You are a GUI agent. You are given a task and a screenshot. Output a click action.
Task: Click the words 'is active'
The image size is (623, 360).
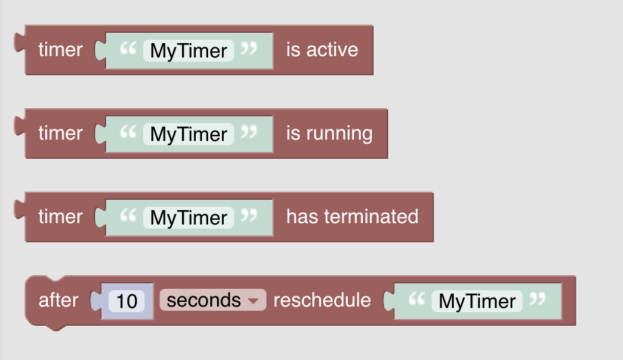pyautogui.click(x=322, y=50)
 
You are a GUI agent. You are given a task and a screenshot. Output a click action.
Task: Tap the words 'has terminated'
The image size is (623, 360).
pyautogui.click(x=353, y=216)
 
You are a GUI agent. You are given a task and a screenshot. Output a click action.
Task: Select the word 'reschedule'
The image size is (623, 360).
pyautogui.click(x=322, y=300)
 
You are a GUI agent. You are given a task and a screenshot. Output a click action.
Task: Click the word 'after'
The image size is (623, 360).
pyautogui.click(x=58, y=300)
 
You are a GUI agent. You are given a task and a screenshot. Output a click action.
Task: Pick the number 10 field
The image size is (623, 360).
pyautogui.click(x=127, y=300)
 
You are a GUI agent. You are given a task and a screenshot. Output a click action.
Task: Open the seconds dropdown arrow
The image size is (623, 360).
pyautogui.click(x=253, y=301)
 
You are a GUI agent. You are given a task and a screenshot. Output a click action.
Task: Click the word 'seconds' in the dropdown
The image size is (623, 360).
pyautogui.click(x=204, y=300)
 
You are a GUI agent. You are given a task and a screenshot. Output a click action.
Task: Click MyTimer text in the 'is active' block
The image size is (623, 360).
pyautogui.click(x=189, y=51)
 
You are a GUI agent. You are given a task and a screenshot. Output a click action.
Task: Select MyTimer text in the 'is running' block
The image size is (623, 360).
pyautogui.click(x=189, y=134)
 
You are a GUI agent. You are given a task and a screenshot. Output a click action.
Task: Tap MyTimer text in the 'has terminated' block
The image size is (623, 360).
pyautogui.click(x=189, y=218)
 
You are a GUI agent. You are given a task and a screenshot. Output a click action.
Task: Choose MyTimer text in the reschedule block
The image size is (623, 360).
pyautogui.click(x=477, y=301)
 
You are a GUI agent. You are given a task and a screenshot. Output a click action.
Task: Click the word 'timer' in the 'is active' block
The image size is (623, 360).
pyautogui.click(x=60, y=50)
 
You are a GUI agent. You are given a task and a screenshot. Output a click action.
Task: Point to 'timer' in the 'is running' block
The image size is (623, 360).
pyautogui.click(x=60, y=133)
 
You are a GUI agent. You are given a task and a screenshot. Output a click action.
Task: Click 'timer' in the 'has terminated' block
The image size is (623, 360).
pyautogui.click(x=60, y=216)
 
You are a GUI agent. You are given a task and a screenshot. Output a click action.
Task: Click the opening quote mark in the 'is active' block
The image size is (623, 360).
pyautogui.click(x=128, y=49)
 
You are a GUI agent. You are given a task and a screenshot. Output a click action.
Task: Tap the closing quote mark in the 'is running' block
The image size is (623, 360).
pyautogui.click(x=249, y=132)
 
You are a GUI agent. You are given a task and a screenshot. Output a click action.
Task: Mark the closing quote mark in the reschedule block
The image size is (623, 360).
pyautogui.click(x=537, y=299)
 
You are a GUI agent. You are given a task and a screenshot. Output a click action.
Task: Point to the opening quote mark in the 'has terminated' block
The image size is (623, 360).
pyautogui.click(x=128, y=216)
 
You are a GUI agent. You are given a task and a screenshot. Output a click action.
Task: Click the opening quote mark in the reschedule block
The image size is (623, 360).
pyautogui.click(x=417, y=299)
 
